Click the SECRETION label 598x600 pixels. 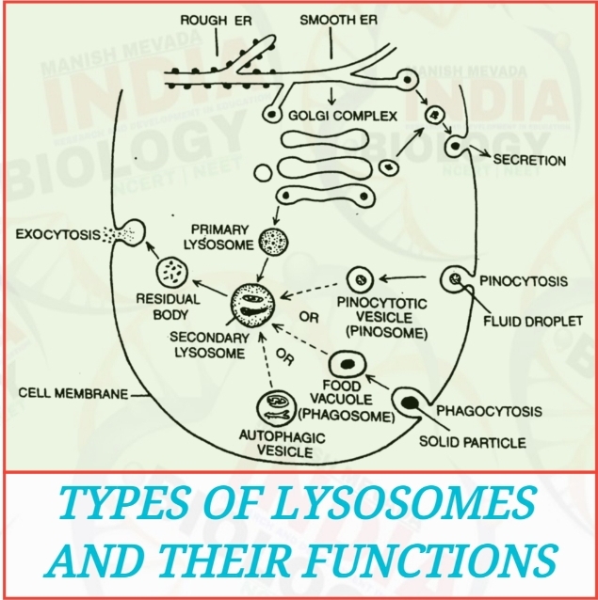530,160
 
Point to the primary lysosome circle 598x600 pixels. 273,242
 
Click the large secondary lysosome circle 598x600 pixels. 255,308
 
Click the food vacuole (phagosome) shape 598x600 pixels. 347,363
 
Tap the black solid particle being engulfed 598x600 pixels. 411,403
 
